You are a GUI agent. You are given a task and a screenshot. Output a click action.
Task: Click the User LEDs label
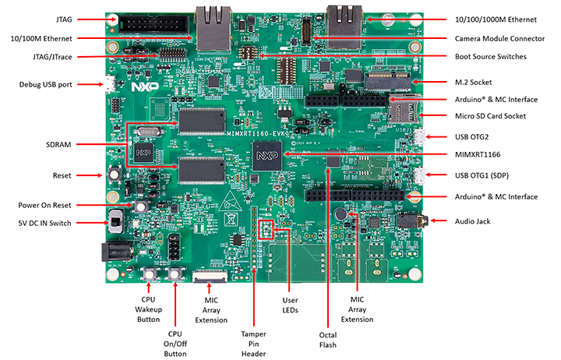289,305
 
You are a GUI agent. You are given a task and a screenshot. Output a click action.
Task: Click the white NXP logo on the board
143,88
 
